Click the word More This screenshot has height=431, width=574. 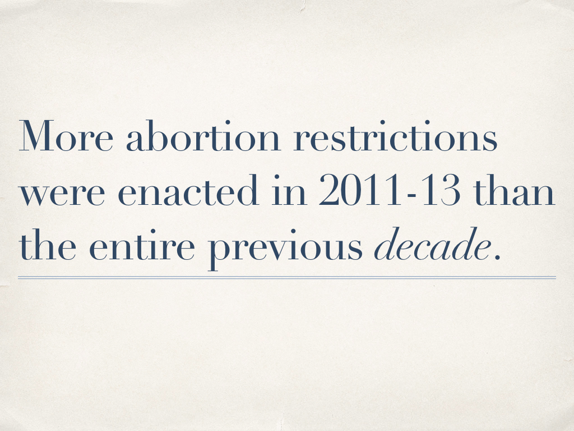click(66, 136)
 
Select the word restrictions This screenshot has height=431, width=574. click(395, 136)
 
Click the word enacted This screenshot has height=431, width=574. click(188, 190)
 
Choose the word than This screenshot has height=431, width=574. click(514, 190)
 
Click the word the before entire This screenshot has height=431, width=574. click(48, 244)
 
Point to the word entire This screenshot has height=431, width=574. click(142, 245)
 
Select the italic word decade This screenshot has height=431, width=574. click(432, 244)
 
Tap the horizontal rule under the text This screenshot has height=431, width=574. click(287, 278)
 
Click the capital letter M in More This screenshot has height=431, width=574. click(34, 136)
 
